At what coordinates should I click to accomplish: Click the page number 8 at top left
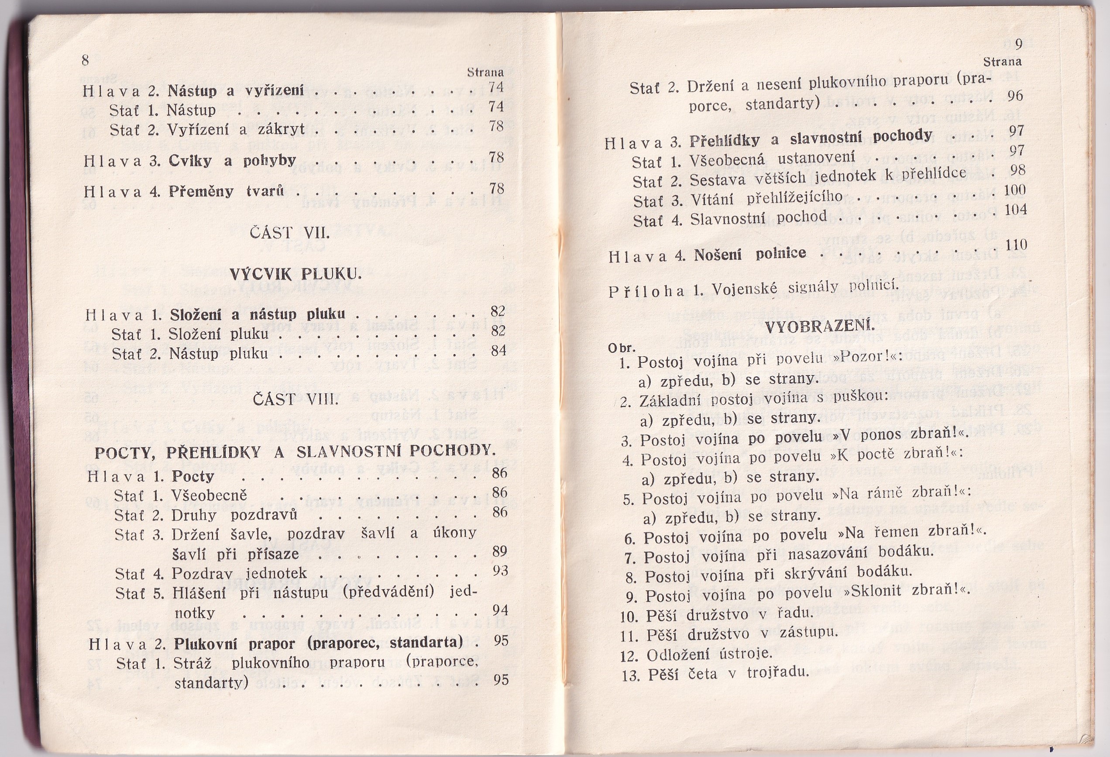(x=86, y=61)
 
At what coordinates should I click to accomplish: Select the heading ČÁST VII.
(x=290, y=234)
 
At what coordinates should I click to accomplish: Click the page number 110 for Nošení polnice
(x=1016, y=245)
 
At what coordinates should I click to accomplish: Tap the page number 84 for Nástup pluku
(x=498, y=351)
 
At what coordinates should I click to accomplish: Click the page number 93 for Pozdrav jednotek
(x=500, y=571)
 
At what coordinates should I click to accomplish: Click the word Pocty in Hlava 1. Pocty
(x=193, y=476)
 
